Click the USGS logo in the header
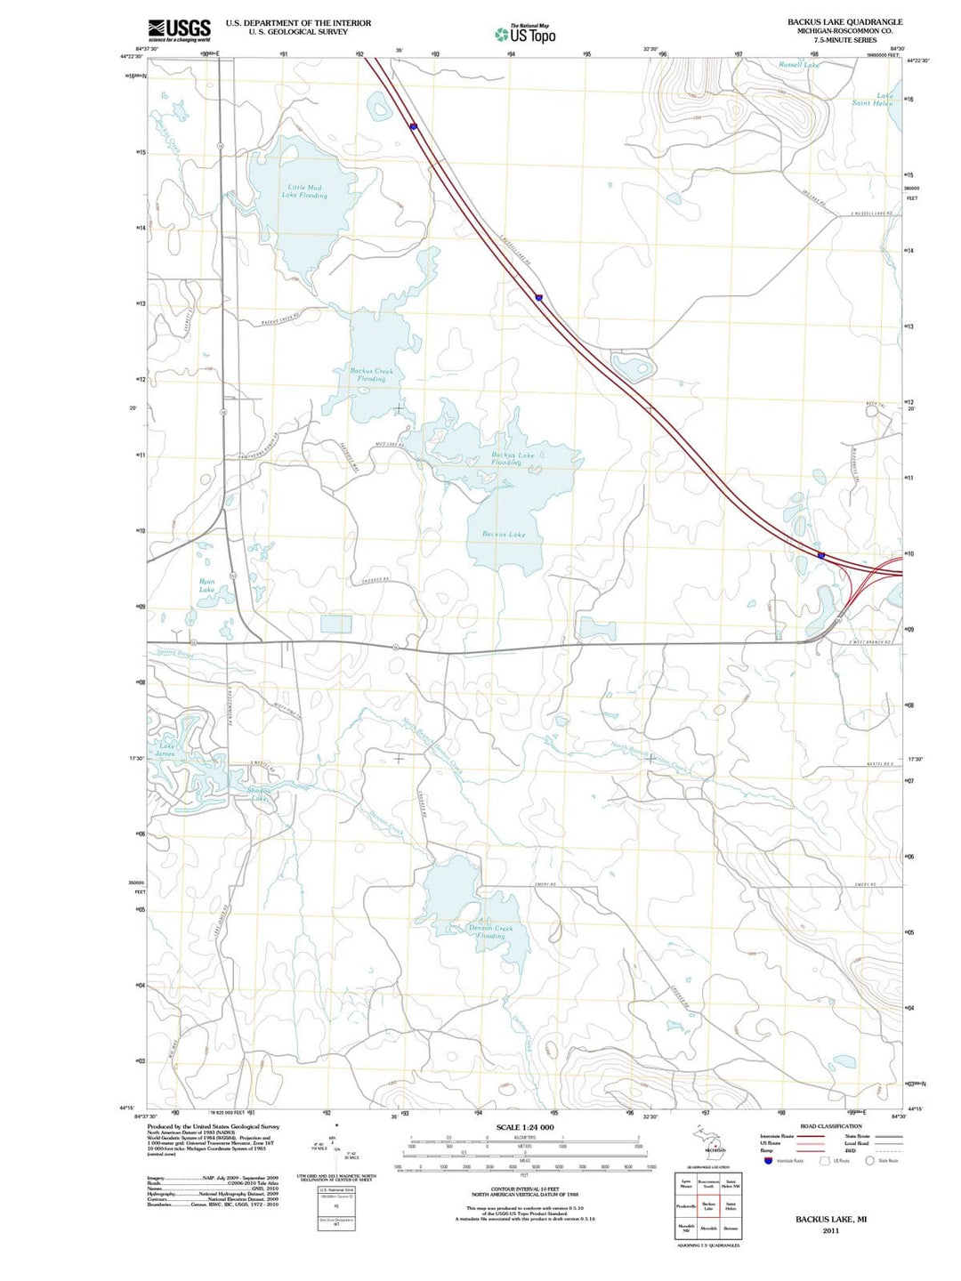click(179, 30)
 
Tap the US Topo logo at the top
click(525, 34)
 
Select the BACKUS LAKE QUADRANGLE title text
click(844, 21)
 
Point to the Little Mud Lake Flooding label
click(304, 191)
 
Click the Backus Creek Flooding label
click(371, 375)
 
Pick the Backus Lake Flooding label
click(506, 459)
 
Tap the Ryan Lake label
click(206, 585)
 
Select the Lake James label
click(166, 750)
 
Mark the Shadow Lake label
click(259, 794)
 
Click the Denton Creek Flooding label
click(490, 931)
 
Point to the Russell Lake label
click(798, 65)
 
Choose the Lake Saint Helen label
click(873, 100)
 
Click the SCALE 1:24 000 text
click(524, 1127)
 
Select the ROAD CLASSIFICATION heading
click(831, 1126)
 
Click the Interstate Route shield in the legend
click(768, 1160)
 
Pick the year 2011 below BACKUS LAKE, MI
click(830, 1231)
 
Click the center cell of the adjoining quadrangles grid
click(708, 1206)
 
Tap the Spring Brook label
click(175, 654)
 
